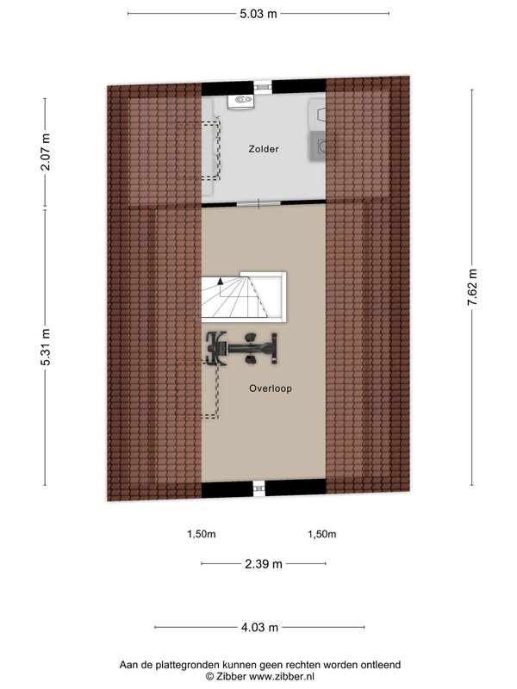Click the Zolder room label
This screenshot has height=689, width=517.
(264, 149)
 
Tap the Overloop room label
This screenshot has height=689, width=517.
(271, 388)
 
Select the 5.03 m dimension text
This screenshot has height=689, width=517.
(258, 14)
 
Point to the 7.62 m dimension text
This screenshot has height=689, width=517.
(472, 288)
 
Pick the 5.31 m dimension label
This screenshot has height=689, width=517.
(46, 347)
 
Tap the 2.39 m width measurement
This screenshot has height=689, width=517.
(264, 564)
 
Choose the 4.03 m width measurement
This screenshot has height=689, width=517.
(259, 627)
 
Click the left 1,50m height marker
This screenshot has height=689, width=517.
(202, 534)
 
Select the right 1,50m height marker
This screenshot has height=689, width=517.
(321, 534)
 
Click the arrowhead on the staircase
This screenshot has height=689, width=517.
(221, 281)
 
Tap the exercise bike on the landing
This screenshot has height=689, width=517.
(242, 349)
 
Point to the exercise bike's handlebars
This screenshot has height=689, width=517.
(214, 349)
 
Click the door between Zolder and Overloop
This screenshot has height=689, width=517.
(258, 203)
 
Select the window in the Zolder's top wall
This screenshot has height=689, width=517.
(263, 87)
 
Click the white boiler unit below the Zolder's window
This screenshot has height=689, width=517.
(240, 101)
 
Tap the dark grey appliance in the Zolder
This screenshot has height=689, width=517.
(317, 146)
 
